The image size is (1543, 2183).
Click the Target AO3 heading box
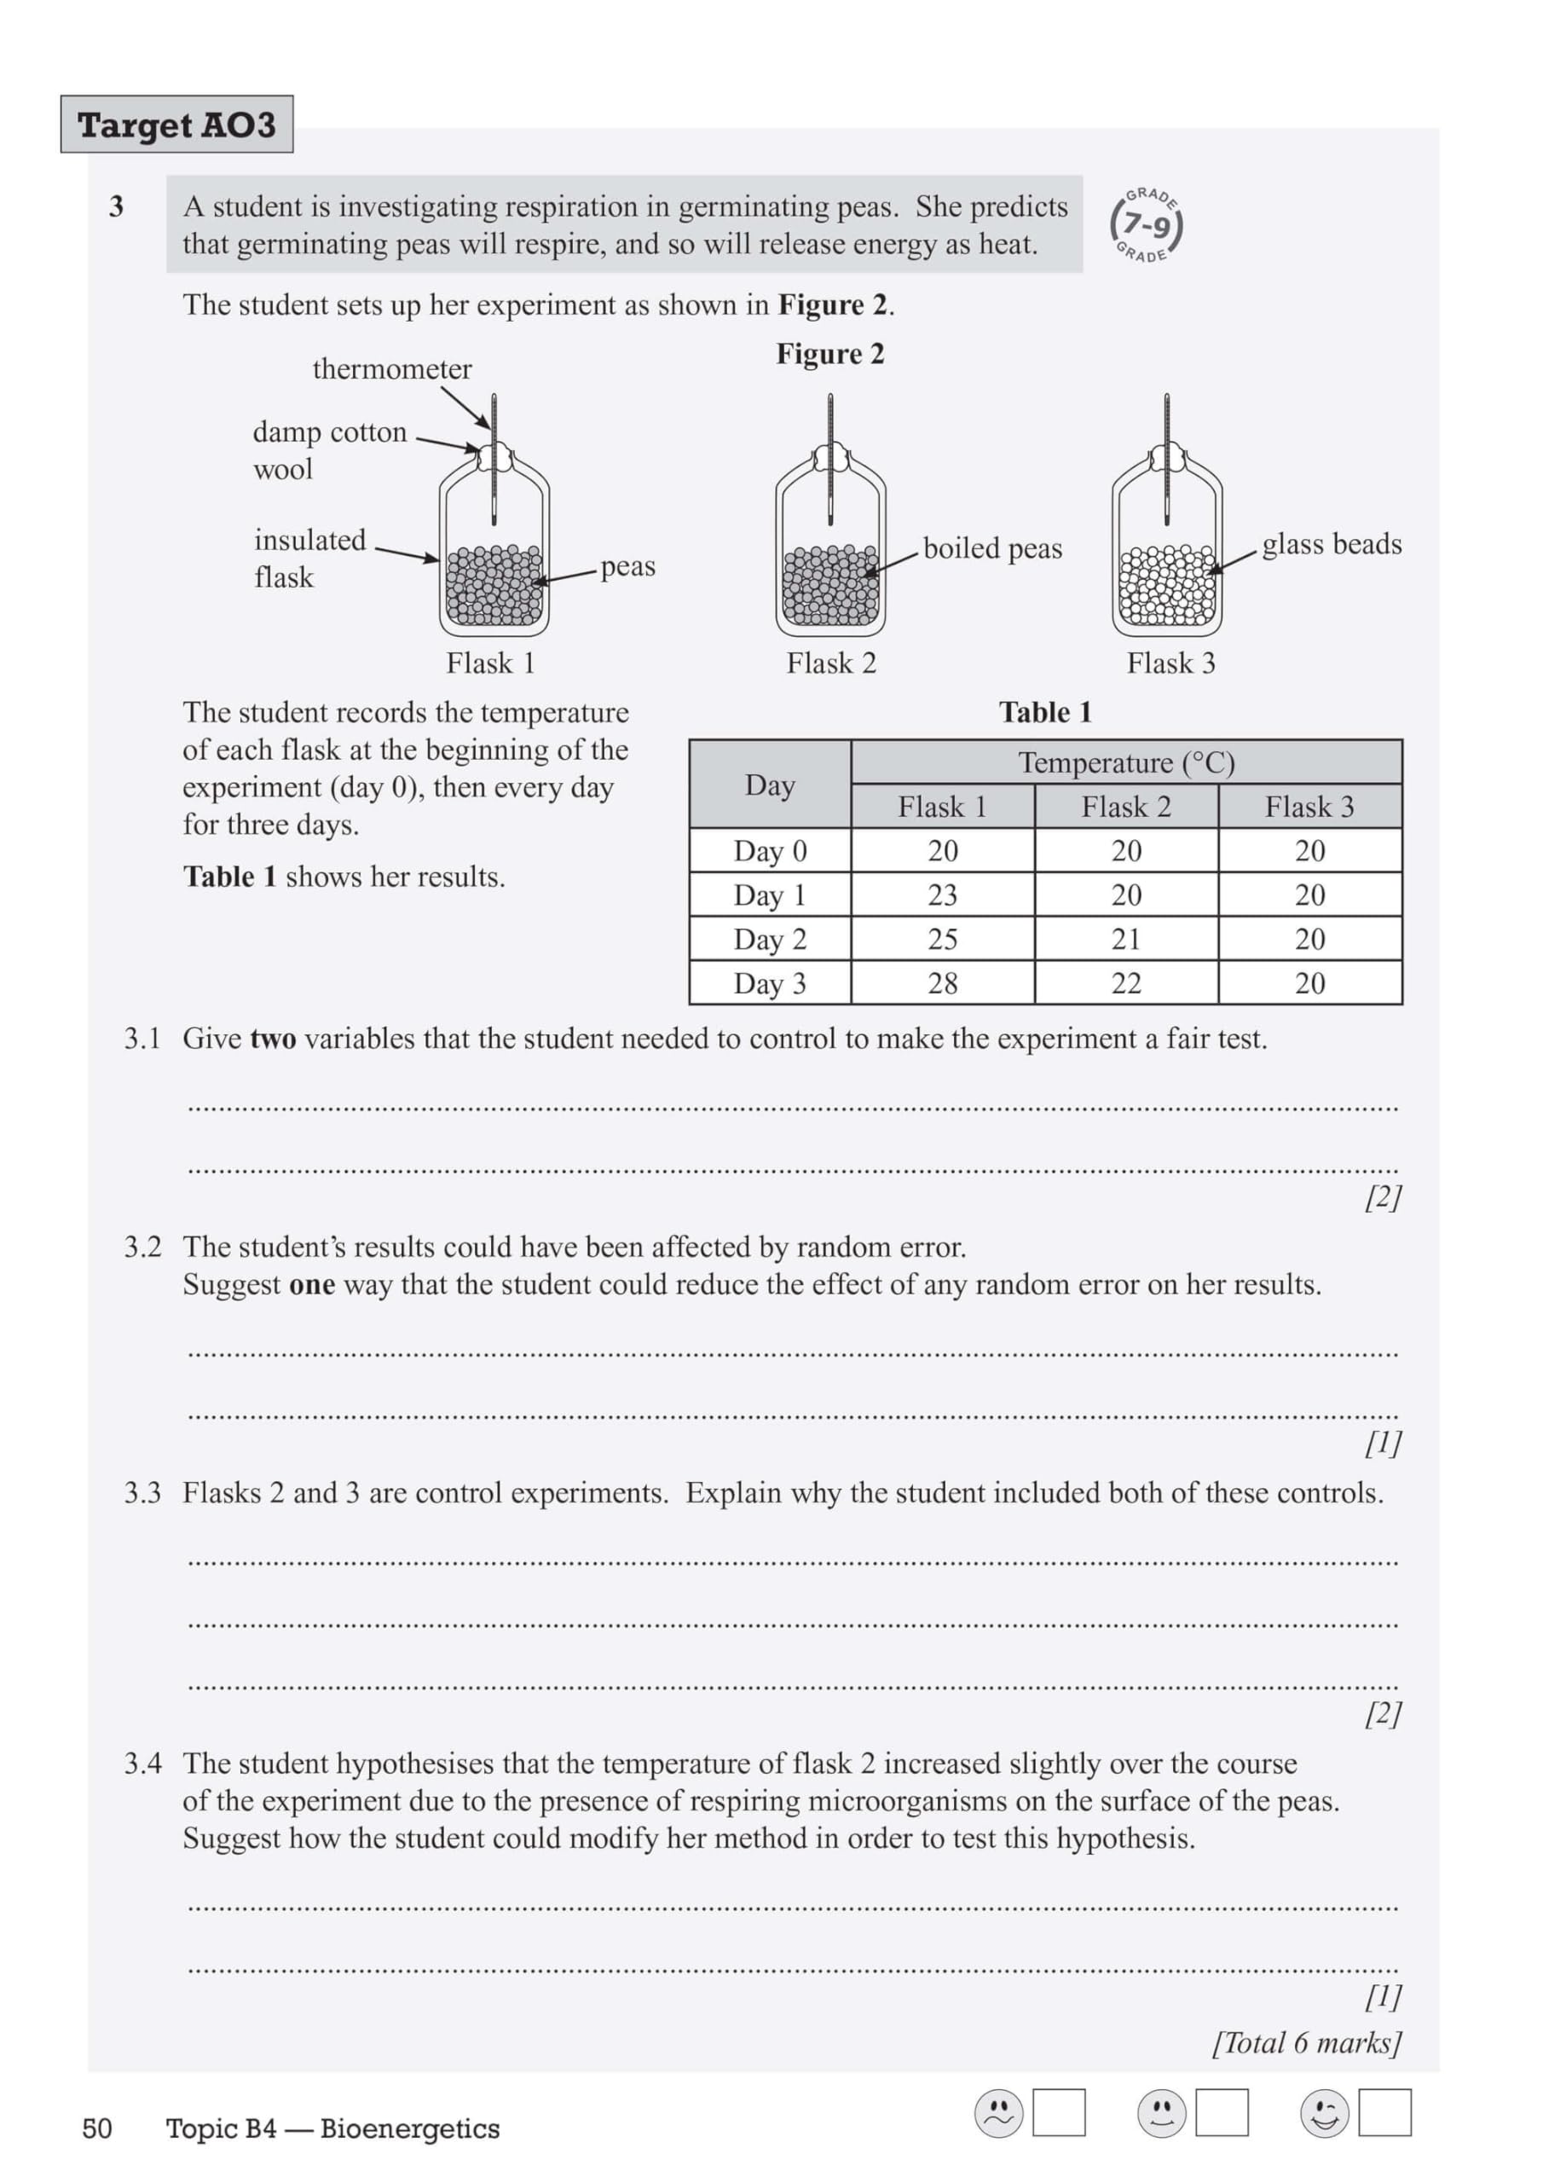tap(176, 124)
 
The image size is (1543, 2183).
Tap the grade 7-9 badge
tap(1147, 225)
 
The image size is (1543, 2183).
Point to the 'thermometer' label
tap(391, 369)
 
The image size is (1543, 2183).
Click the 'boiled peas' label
tap(991, 548)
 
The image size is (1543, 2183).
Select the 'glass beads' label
tap(1331, 544)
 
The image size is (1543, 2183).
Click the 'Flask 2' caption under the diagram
tap(831, 663)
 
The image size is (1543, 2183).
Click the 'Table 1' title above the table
tap(1045, 712)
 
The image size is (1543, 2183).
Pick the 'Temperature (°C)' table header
tap(1127, 762)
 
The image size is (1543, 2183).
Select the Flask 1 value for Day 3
tap(942, 983)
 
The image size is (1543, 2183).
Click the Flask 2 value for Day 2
tap(1125, 940)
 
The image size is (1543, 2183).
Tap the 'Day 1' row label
tap(769, 895)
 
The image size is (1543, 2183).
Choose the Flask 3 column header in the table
tap(1309, 808)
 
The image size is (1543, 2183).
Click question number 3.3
tap(142, 1493)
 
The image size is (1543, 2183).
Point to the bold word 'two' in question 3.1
tap(273, 1039)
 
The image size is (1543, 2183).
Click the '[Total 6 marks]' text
tap(1306, 2042)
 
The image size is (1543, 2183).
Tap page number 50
tap(97, 2128)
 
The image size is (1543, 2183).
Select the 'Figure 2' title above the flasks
tap(830, 354)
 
